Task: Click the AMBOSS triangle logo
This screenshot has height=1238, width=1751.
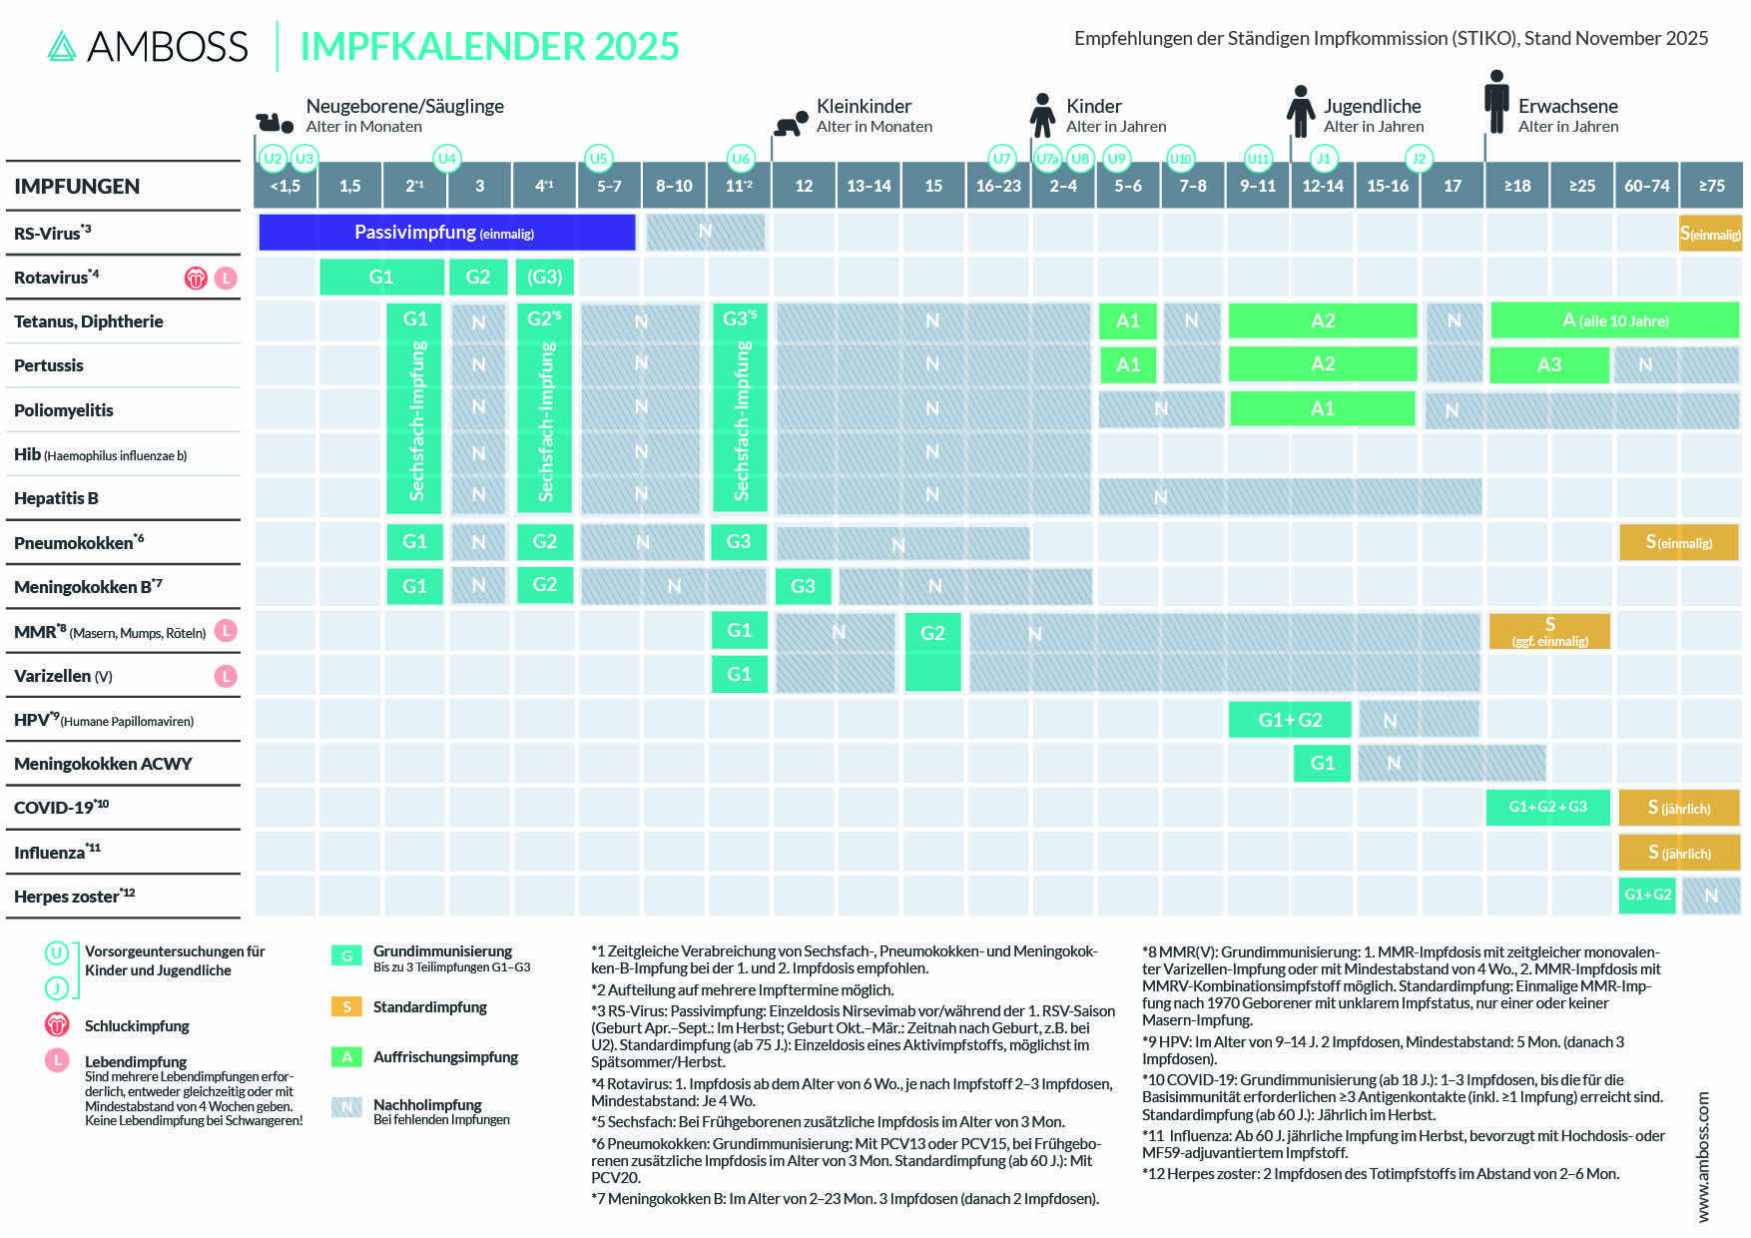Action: [62, 46]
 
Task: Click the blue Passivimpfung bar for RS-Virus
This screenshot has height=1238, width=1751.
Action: [446, 233]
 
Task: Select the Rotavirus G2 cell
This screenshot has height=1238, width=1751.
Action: [478, 277]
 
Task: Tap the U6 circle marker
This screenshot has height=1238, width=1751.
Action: [740, 158]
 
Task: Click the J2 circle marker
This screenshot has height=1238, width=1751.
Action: [1419, 158]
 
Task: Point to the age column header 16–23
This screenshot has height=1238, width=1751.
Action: [998, 186]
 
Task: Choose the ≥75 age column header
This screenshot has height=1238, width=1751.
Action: [1711, 186]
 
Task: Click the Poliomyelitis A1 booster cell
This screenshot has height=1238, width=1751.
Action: [1322, 408]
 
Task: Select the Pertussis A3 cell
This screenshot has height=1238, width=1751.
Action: [1548, 364]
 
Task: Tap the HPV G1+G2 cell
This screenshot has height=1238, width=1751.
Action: [1290, 719]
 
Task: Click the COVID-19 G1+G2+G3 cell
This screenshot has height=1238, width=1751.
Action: [1547, 807]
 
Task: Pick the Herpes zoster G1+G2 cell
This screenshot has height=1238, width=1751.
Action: [1647, 895]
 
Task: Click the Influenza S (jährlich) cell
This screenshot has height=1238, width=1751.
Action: [1679, 852]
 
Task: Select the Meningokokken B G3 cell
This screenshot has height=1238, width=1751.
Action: [803, 586]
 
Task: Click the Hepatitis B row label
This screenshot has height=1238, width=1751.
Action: [56, 498]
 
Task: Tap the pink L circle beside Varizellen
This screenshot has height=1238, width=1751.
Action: [227, 676]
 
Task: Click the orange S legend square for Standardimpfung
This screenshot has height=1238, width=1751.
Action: [346, 1006]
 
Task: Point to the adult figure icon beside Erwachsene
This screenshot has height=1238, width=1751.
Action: [1495, 102]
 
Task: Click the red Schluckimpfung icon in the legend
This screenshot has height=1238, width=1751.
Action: [57, 1024]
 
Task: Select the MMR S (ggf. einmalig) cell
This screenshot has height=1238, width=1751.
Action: [1549, 631]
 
